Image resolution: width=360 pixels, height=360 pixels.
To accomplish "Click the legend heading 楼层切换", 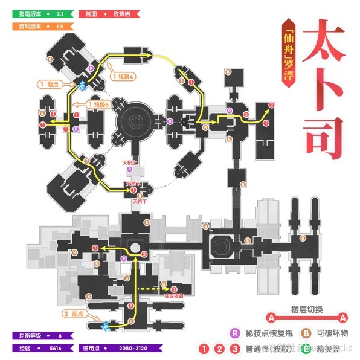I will tap(306, 309).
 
